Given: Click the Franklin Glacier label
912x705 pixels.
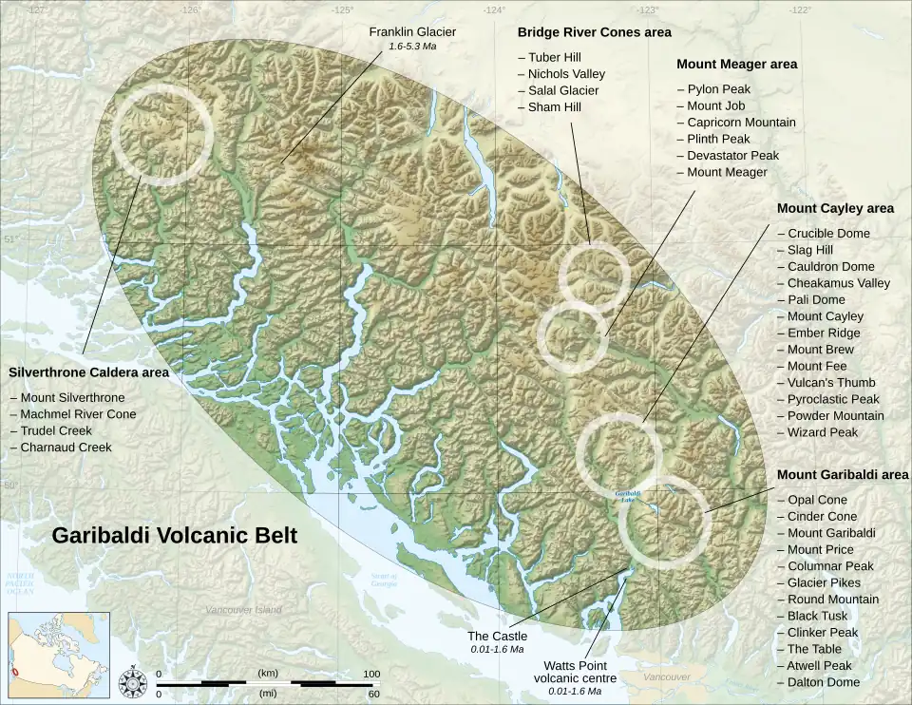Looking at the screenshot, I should tap(411, 31).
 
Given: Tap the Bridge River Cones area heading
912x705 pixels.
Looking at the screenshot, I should tap(594, 32).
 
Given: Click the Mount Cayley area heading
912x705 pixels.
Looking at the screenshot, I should tap(835, 208).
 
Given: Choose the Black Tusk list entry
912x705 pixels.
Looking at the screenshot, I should tap(818, 616).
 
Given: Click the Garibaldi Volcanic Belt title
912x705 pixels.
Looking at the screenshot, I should tap(174, 536).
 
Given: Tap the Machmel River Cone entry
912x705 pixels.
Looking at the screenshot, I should tap(78, 414).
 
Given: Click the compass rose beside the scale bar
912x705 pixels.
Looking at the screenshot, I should tap(131, 682).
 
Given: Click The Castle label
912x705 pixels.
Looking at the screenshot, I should tap(490, 636).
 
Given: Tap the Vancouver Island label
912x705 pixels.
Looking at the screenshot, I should tap(244, 610).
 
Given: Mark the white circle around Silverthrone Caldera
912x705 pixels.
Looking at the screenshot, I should tap(160, 133).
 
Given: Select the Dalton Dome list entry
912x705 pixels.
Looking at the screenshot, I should tap(823, 682).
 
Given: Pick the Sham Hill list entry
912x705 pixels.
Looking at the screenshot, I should tap(555, 107).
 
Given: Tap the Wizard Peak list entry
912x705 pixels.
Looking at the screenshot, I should tap(823, 432).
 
